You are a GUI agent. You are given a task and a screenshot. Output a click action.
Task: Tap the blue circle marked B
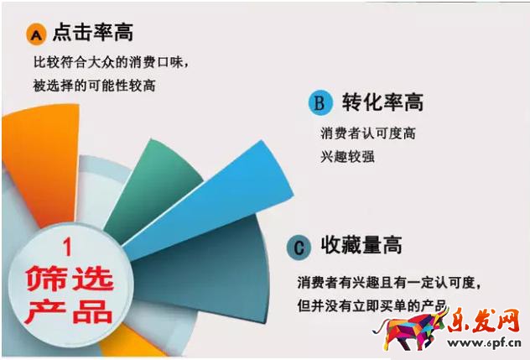[319, 102]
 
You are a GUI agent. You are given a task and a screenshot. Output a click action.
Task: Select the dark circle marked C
[299, 247]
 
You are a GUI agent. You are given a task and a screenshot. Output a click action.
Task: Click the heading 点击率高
[92, 34]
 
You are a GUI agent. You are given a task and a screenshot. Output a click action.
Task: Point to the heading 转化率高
[382, 102]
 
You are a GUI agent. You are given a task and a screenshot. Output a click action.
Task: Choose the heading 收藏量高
[361, 246]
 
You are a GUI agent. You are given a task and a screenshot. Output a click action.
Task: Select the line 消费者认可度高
[369, 133]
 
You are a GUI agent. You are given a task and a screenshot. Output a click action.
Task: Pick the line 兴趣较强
[346, 157]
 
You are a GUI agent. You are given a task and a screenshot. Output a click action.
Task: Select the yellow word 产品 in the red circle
[67, 310]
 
